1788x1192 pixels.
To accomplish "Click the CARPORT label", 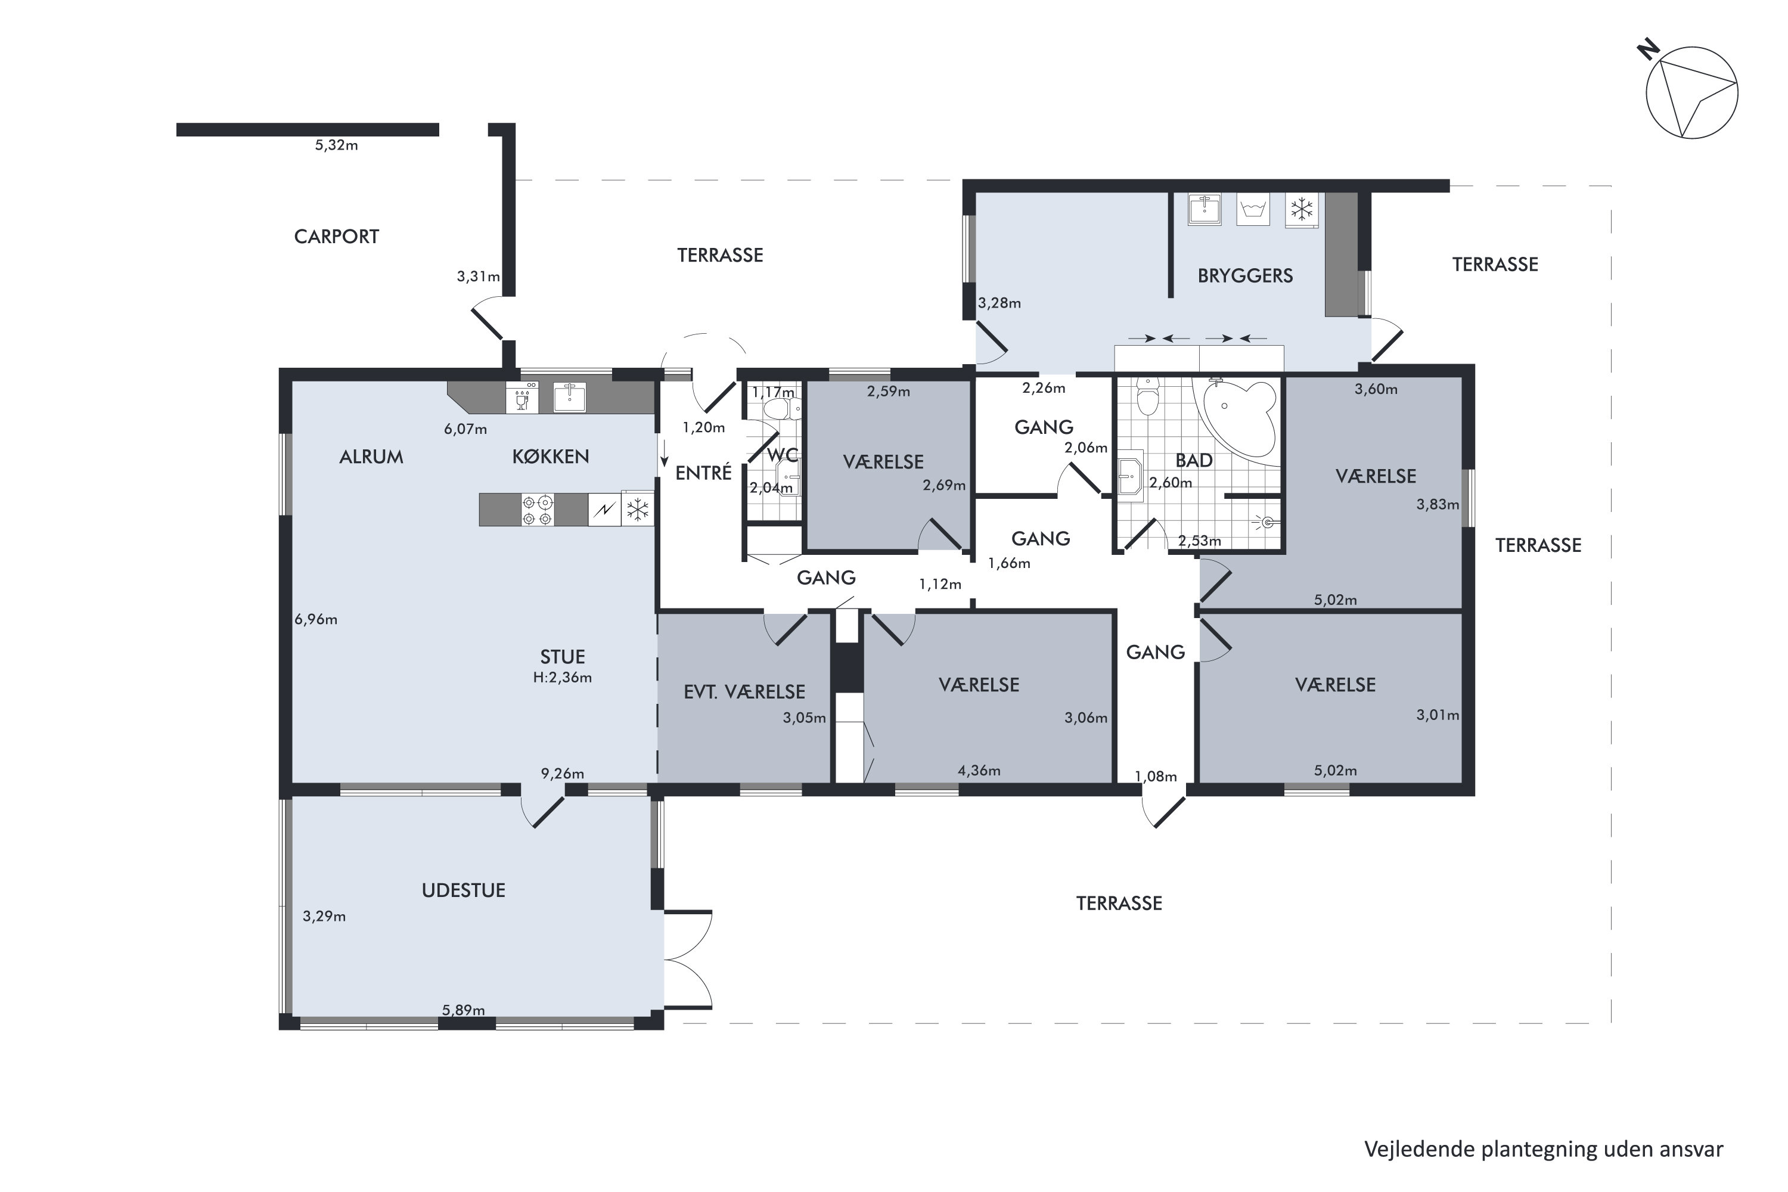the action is (336, 237).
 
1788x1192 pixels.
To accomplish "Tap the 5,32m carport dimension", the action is (336, 145).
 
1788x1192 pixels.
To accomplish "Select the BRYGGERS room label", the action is (1244, 275).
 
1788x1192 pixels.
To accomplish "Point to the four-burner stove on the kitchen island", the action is (538, 510).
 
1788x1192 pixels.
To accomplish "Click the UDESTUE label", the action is (463, 890).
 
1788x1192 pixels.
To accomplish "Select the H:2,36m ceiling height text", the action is (562, 677).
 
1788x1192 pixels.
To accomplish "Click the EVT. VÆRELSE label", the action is (744, 692).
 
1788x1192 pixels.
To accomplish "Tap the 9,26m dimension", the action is (563, 774).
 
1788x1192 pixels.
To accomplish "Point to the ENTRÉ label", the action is (703, 473).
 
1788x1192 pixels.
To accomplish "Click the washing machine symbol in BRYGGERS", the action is (1253, 209).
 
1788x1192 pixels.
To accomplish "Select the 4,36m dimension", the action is (979, 771).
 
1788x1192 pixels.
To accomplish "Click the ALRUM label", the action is (371, 457).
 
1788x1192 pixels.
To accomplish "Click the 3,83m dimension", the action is (1438, 504).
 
